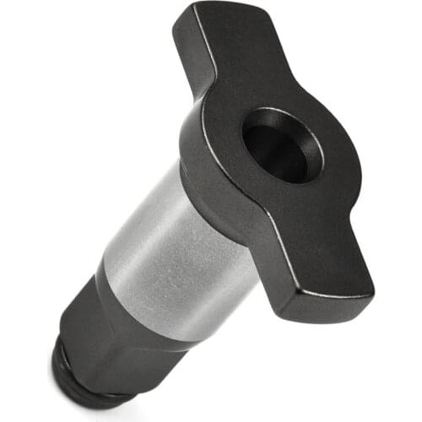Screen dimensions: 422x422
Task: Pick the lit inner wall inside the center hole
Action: coord(270,156)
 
